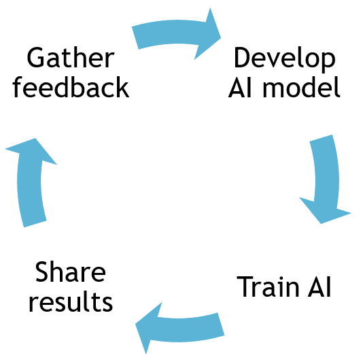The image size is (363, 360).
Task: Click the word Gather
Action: click(x=71, y=57)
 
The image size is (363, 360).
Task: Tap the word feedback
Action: click(x=71, y=86)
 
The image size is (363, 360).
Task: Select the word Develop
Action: click(x=285, y=59)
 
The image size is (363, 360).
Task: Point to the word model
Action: click(x=301, y=86)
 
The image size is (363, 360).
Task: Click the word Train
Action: click(x=268, y=287)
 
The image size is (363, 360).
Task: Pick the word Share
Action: click(x=71, y=272)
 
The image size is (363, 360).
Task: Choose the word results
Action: click(x=71, y=301)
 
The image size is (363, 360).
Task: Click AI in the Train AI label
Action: click(x=319, y=287)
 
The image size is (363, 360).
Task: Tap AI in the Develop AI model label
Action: click(x=240, y=87)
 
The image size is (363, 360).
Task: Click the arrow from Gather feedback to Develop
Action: click(x=173, y=32)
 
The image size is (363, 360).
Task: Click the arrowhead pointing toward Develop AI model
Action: click(x=209, y=35)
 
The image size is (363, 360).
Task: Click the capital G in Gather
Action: click(x=35, y=57)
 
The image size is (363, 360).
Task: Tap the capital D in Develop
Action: click(x=243, y=57)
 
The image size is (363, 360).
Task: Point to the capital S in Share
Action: click(x=42, y=272)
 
